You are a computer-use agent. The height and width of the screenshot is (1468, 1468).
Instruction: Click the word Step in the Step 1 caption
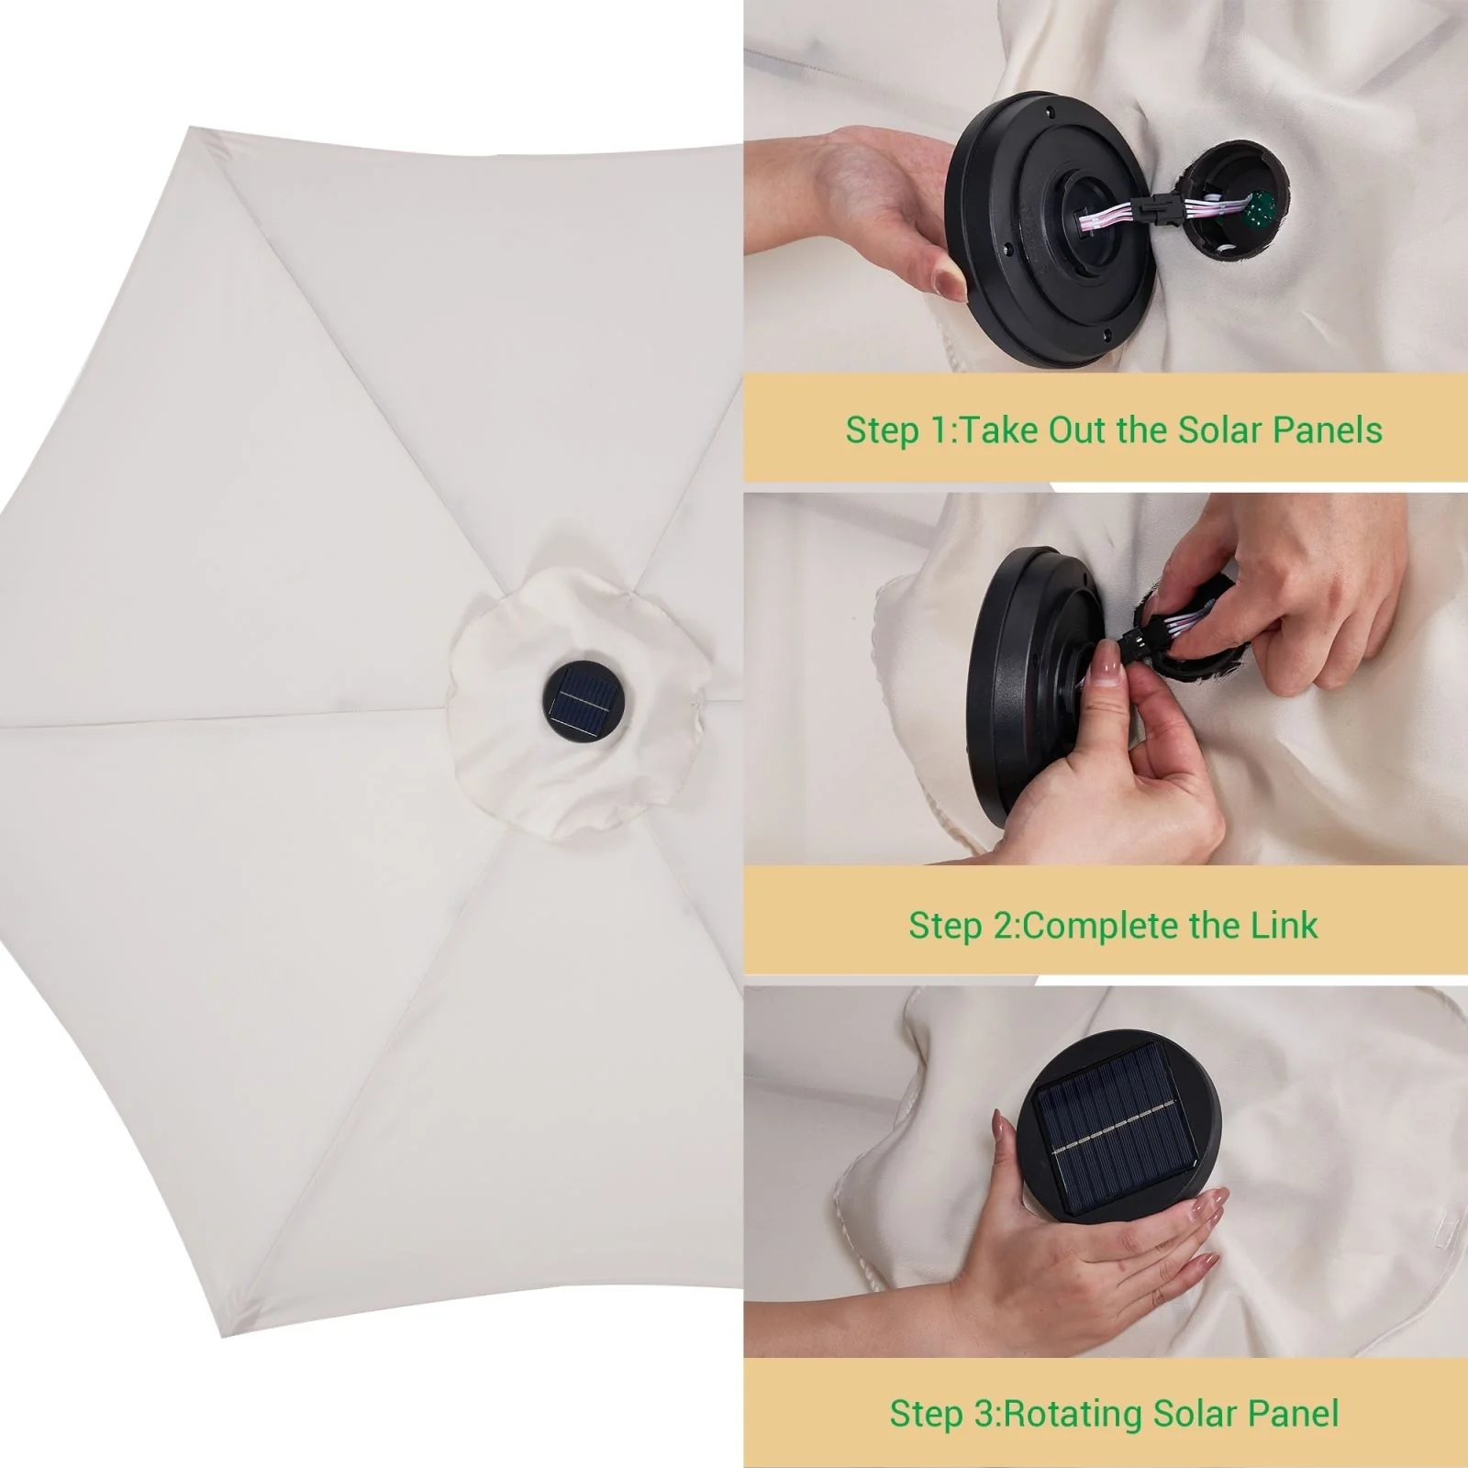(x=878, y=431)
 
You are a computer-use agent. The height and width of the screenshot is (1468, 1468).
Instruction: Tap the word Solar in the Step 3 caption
(x=1196, y=1413)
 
